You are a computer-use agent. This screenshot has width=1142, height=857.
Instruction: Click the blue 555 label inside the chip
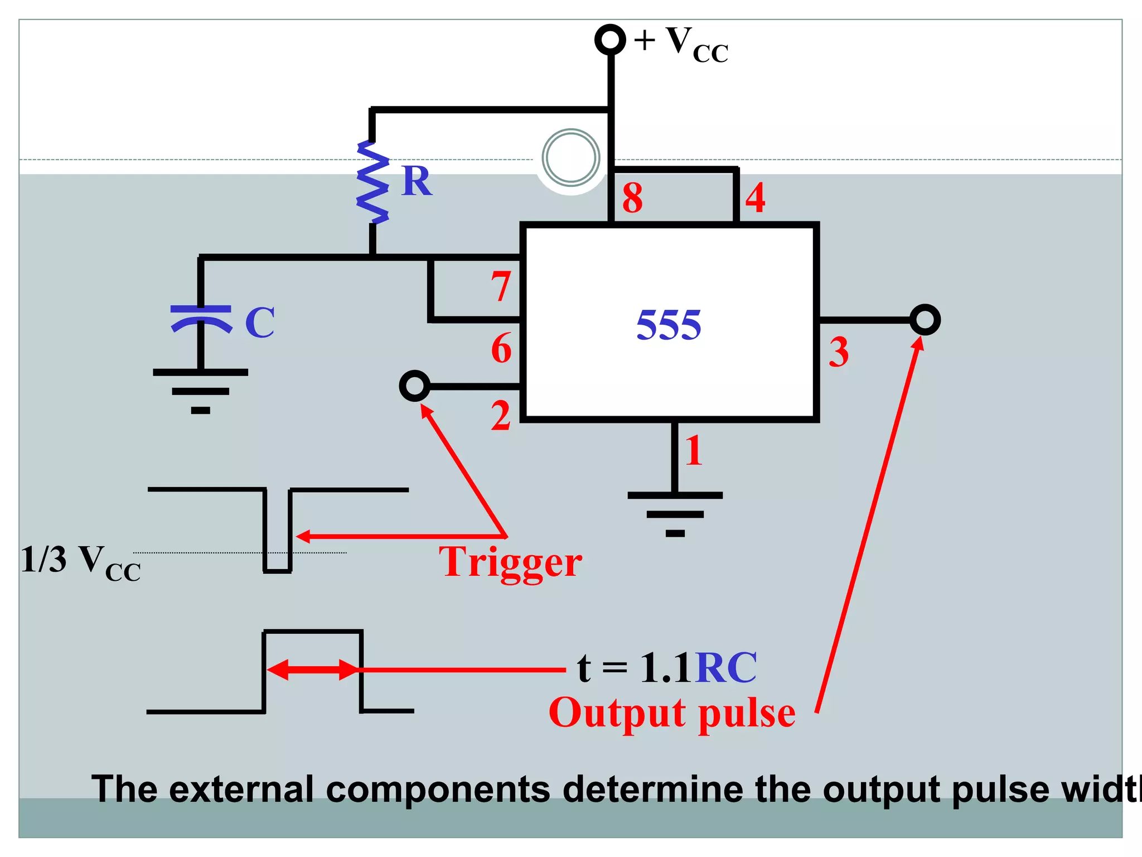click(x=669, y=325)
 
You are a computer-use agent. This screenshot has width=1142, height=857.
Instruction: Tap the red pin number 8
click(x=632, y=198)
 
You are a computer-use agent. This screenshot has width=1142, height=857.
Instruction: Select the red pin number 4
click(x=756, y=198)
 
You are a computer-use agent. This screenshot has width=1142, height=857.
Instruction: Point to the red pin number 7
click(x=500, y=287)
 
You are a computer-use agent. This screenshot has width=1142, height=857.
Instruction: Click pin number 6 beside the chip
click(x=501, y=348)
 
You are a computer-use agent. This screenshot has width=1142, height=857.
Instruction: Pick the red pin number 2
click(x=501, y=416)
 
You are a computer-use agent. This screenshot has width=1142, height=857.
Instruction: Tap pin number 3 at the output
click(x=838, y=352)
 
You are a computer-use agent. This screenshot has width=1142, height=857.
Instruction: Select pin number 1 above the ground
click(x=694, y=450)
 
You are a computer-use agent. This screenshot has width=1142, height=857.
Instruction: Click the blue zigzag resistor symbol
click(x=372, y=182)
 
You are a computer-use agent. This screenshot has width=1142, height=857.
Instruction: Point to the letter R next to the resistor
click(x=417, y=182)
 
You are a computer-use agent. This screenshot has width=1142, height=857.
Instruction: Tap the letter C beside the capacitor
click(x=260, y=322)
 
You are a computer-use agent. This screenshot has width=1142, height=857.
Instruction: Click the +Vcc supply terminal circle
click(x=610, y=40)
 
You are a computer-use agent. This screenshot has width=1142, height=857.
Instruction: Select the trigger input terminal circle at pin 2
click(x=415, y=386)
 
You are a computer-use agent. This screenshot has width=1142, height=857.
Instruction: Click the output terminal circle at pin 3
click(x=925, y=320)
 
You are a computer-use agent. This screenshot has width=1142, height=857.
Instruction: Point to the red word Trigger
click(x=510, y=562)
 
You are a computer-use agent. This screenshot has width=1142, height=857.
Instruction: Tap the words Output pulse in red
click(x=672, y=713)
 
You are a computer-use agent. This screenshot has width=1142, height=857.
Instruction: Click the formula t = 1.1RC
click(x=667, y=667)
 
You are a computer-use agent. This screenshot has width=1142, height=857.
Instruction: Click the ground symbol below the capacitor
click(x=201, y=391)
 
